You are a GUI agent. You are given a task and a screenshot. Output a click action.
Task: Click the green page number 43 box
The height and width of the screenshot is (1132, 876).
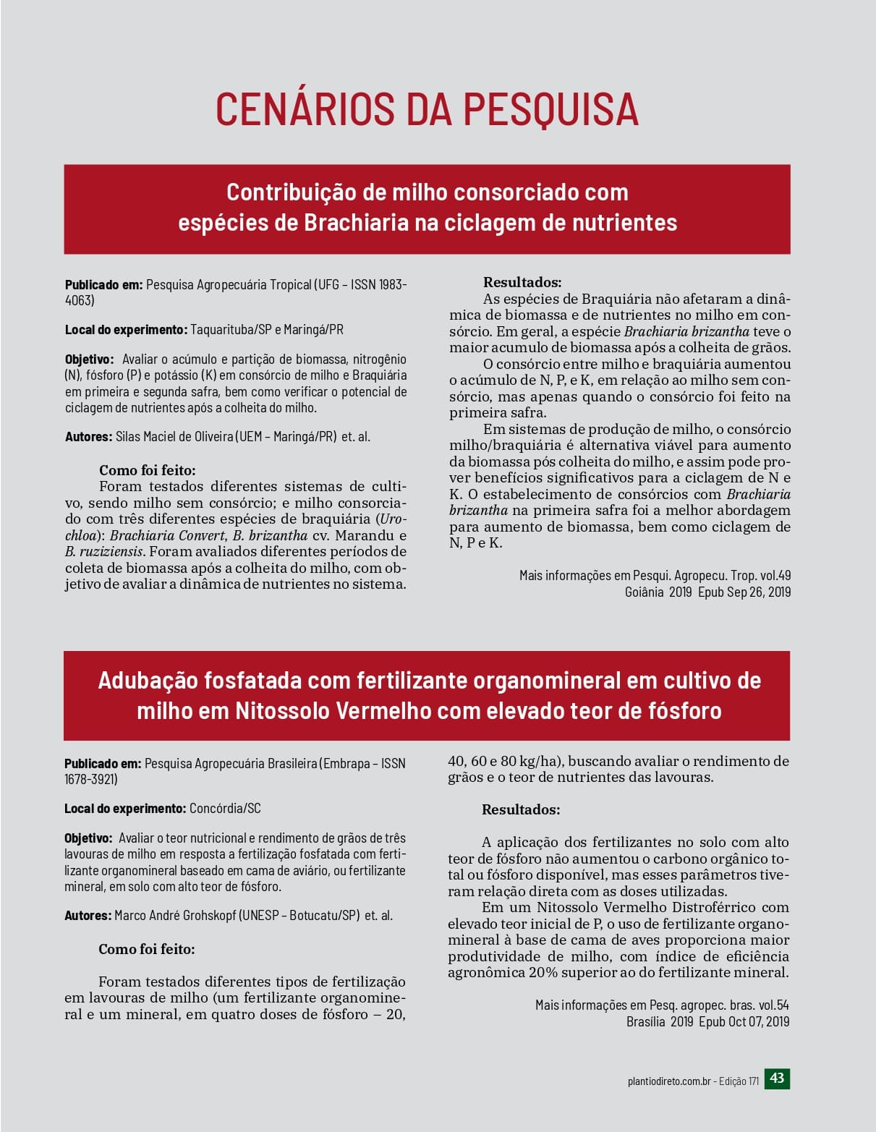[777, 1078]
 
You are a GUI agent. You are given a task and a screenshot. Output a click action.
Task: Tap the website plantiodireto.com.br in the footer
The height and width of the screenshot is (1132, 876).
[669, 1081]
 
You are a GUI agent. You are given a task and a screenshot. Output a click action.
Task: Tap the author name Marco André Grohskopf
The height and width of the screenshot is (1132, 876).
[175, 916]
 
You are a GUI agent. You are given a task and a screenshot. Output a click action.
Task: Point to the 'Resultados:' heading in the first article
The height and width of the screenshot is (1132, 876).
[522, 283]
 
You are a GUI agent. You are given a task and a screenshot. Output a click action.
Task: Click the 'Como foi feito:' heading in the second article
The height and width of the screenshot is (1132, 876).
[147, 949]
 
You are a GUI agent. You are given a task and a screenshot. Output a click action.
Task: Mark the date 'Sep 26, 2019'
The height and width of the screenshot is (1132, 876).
[759, 592]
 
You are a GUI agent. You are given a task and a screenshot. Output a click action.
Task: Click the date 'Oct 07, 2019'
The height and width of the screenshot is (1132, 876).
[759, 1022]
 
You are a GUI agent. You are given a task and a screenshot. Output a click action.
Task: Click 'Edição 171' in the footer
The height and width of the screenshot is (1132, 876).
[739, 1081]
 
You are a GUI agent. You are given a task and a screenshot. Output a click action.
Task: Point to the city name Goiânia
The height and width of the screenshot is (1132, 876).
[645, 592]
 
